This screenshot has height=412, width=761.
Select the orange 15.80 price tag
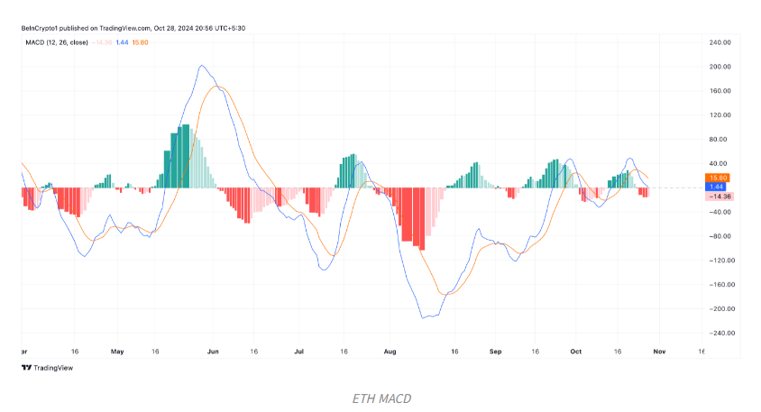(x=719, y=178)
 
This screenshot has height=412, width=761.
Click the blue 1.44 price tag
(x=719, y=187)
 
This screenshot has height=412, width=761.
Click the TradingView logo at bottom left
(x=48, y=368)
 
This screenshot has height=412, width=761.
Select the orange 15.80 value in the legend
(x=141, y=41)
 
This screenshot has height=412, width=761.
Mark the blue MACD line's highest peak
(x=200, y=66)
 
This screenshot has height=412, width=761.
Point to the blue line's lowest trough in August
(x=424, y=317)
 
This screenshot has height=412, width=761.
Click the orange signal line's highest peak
(x=216, y=86)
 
